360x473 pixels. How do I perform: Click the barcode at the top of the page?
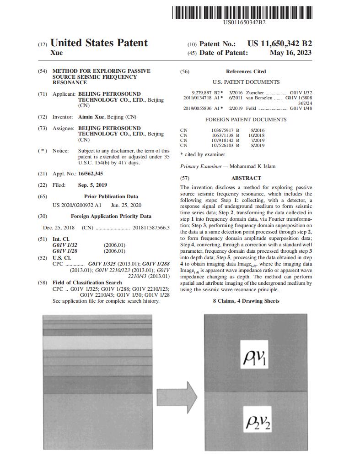pos(242,12)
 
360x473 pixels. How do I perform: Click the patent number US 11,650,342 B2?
pos(279,44)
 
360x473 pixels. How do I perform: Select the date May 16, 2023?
pos(290,53)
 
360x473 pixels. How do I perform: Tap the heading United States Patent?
pos(99,43)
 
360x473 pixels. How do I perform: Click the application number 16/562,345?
pos(91,174)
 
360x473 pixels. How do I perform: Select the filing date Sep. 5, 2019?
pos(92,185)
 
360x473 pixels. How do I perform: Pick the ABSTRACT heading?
pos(246,178)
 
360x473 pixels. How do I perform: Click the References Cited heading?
pos(246,71)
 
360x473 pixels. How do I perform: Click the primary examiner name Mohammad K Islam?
pos(253,166)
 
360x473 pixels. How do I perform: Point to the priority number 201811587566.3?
pos(150,228)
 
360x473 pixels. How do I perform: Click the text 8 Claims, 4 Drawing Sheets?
pos(246,301)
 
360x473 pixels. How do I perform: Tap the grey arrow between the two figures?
pos(177,394)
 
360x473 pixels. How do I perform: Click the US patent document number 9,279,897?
pos(201,92)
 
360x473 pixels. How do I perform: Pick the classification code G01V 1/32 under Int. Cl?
pos(64,245)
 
